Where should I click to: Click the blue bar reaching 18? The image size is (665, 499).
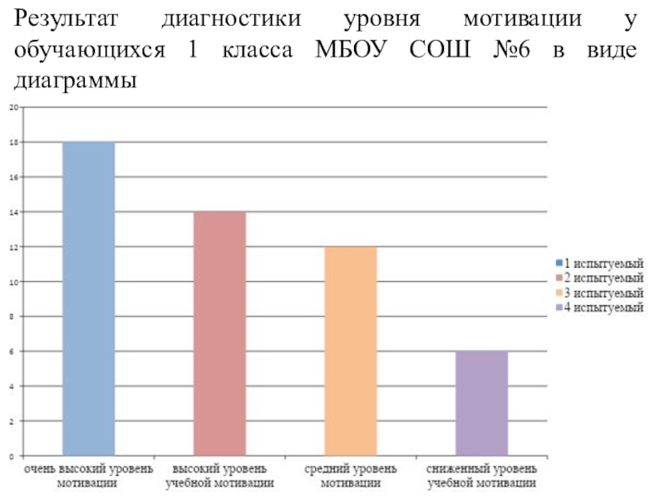click(x=88, y=299)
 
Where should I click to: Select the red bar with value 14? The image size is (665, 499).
click(x=219, y=333)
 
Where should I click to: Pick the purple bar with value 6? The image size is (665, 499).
click(x=482, y=404)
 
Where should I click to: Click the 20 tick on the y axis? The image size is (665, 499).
click(x=12, y=107)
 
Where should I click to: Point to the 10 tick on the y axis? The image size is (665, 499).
click(x=12, y=282)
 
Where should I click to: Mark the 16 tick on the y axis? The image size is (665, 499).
click(x=12, y=177)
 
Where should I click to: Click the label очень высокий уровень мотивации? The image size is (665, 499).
click(x=88, y=476)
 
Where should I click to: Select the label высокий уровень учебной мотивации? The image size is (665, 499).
click(x=219, y=476)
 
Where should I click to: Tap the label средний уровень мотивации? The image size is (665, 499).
click(x=351, y=476)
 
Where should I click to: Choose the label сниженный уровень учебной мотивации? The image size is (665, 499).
click(x=482, y=476)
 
